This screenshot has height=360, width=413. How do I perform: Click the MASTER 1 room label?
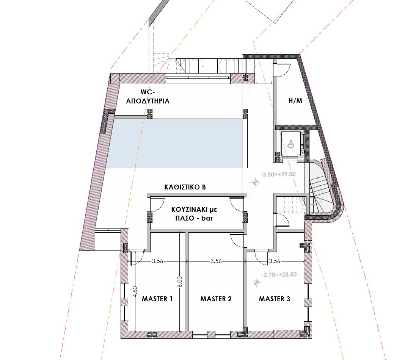157,299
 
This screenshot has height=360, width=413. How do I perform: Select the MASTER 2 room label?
216,299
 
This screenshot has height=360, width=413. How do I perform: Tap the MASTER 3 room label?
275,299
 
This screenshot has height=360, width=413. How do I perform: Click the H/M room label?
295,101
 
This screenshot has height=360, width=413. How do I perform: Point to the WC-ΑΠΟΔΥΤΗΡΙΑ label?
148,97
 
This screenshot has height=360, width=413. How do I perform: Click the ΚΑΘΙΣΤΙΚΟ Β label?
185,187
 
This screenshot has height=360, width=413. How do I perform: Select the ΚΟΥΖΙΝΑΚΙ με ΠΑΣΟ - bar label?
194,214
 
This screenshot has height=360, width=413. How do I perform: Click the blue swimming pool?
174,143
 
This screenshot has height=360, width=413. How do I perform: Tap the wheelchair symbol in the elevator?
291,144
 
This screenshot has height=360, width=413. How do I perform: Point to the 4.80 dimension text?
135,291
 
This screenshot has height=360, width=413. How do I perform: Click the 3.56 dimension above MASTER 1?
157,261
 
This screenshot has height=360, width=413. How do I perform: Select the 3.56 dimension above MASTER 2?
216,261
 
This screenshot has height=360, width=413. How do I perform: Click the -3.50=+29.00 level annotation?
278,174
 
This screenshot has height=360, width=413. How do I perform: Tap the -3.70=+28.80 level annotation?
279,275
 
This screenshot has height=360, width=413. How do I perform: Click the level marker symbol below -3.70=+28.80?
256,283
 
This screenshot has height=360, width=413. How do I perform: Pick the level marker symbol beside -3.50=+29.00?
255,182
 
